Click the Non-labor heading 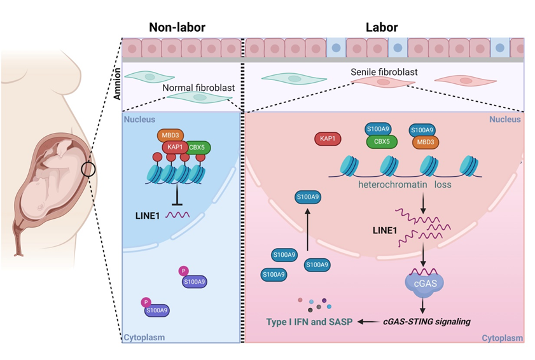pos(180,27)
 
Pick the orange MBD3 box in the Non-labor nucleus pos(169,135)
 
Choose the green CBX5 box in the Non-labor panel pos(197,148)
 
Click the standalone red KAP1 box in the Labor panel pos(328,137)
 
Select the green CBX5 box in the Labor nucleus pos(378,142)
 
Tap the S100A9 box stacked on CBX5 pos(378,129)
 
